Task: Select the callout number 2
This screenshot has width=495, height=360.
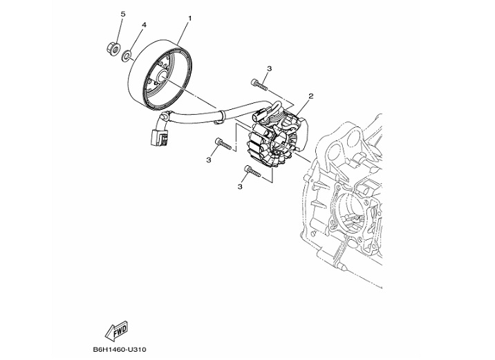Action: tap(311, 96)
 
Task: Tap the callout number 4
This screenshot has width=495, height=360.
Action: tap(144, 25)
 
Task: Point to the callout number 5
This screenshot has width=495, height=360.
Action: tap(123, 14)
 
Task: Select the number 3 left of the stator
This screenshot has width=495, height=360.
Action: tap(208, 160)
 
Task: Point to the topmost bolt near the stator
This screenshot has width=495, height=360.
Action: tap(260, 84)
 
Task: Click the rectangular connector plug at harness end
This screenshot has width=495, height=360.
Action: tap(158, 138)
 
